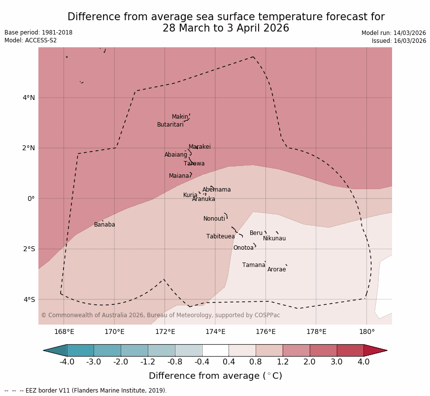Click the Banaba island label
coord(104,225)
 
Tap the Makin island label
coord(180,117)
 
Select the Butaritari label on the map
coord(170,125)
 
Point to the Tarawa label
coord(194,164)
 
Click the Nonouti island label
coord(214,219)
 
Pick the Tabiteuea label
coord(221,236)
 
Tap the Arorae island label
coord(276,269)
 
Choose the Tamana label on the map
coord(254,265)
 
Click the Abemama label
coord(216,190)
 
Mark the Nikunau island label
coord(274,238)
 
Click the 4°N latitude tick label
coord(29,98)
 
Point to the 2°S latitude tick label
coord(29,249)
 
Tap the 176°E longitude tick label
coord(265,331)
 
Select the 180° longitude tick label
coord(366,331)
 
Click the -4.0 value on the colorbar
coord(67,362)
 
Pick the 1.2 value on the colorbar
coord(283,362)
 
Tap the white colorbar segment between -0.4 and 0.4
coord(215,350)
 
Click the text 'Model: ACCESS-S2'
coord(31,40)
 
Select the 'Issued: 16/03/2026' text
coord(399,41)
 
